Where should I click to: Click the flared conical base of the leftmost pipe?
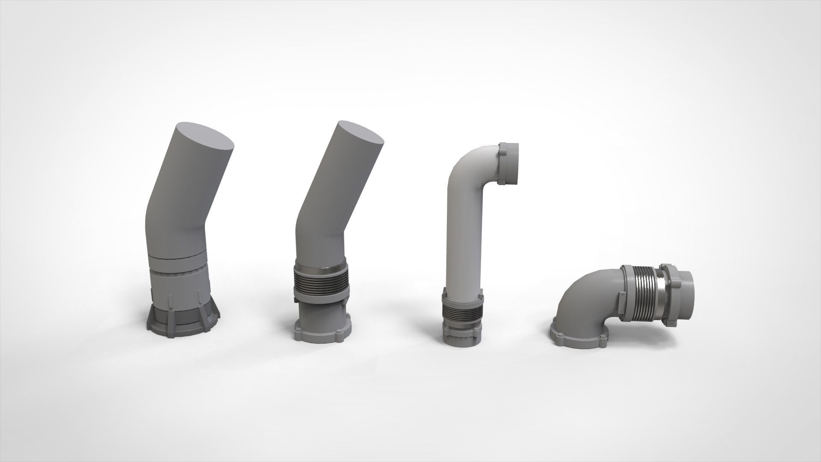(x=183, y=320)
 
